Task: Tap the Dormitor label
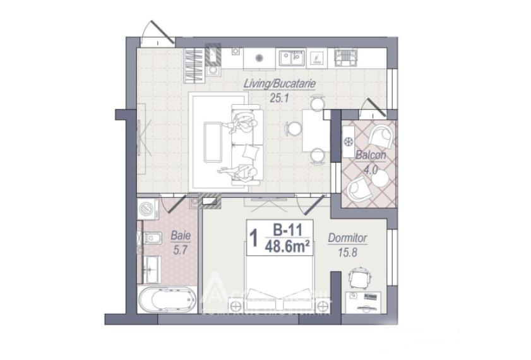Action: coord(347,238)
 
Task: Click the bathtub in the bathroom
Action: coord(164,299)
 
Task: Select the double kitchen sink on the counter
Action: coord(292,58)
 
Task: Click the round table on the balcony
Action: coord(379,179)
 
